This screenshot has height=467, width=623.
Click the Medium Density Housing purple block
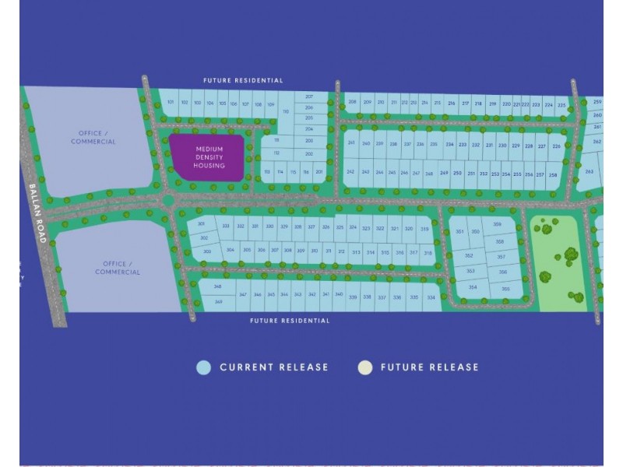[x=209, y=158]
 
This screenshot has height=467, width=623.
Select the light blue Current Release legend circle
[x=204, y=367]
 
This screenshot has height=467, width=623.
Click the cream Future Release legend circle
[x=364, y=367]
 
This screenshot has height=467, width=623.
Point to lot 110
[x=285, y=112]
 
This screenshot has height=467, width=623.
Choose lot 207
[x=309, y=97]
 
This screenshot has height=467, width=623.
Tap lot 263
[x=590, y=172]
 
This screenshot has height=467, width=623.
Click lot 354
[x=472, y=287]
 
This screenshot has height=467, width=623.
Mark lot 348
[x=218, y=286]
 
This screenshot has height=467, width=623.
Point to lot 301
[x=202, y=224]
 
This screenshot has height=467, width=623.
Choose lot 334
[x=431, y=297]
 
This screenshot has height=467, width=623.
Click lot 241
[x=351, y=144]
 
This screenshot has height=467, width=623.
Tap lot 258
[x=552, y=175]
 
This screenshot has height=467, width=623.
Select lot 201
[x=319, y=171]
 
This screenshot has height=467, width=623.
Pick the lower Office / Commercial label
[x=118, y=269]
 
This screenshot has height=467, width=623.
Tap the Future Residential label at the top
[x=243, y=80]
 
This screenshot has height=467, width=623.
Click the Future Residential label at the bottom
[x=290, y=321]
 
